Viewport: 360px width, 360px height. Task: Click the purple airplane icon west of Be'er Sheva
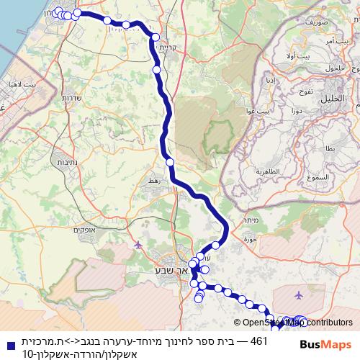139,245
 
